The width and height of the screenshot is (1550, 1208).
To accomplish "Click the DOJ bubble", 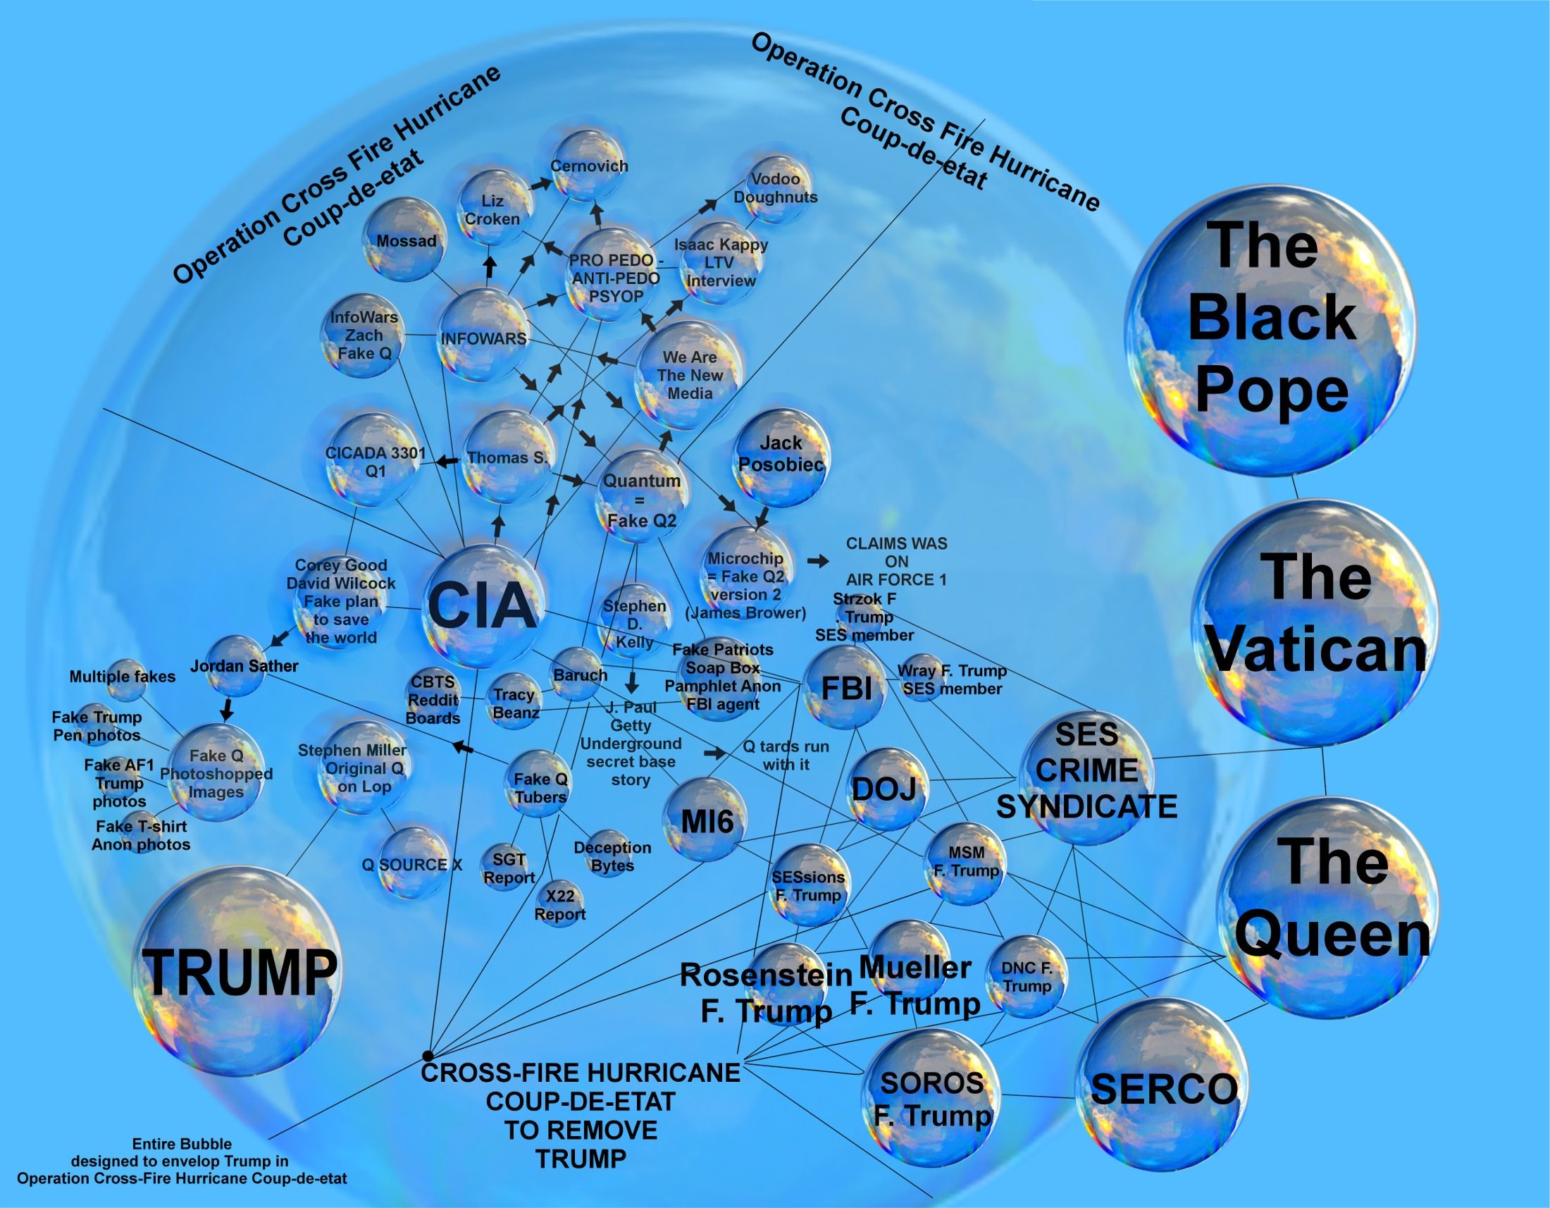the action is [885, 789].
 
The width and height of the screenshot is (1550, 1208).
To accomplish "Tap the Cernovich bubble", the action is [590, 166].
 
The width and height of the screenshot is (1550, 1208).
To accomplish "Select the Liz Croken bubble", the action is [493, 208].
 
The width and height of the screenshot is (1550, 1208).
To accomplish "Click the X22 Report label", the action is [560, 905].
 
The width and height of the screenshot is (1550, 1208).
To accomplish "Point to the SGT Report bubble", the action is [509, 868].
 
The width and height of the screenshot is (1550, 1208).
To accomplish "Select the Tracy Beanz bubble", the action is [514, 702].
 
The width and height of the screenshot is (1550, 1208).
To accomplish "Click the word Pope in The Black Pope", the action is [1272, 390].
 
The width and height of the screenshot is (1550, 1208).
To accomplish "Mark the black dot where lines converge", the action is [427, 1056].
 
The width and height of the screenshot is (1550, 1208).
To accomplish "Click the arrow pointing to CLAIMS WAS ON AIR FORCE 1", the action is [818, 561].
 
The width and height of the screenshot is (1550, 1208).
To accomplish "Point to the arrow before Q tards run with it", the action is [715, 753].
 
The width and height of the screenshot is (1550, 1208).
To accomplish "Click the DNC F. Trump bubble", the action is [1027, 977].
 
